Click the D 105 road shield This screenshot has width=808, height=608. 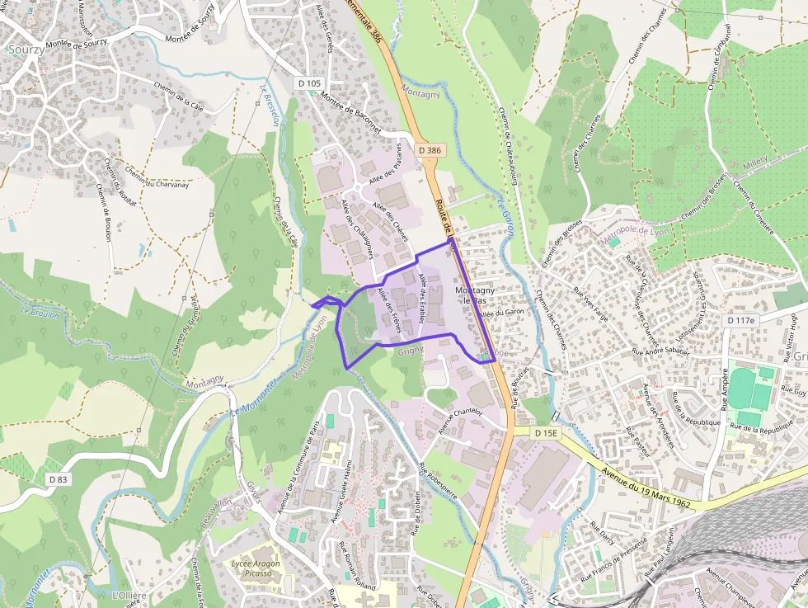[x=309, y=83]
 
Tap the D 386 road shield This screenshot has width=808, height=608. [x=430, y=150]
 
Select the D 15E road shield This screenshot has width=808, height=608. [x=546, y=432]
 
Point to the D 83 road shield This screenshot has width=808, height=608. [x=58, y=478]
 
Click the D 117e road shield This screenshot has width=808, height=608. [x=741, y=319]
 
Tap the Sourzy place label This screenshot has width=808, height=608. [x=25, y=49]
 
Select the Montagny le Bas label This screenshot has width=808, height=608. [x=476, y=295]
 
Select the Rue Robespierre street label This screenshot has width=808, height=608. [x=437, y=488]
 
